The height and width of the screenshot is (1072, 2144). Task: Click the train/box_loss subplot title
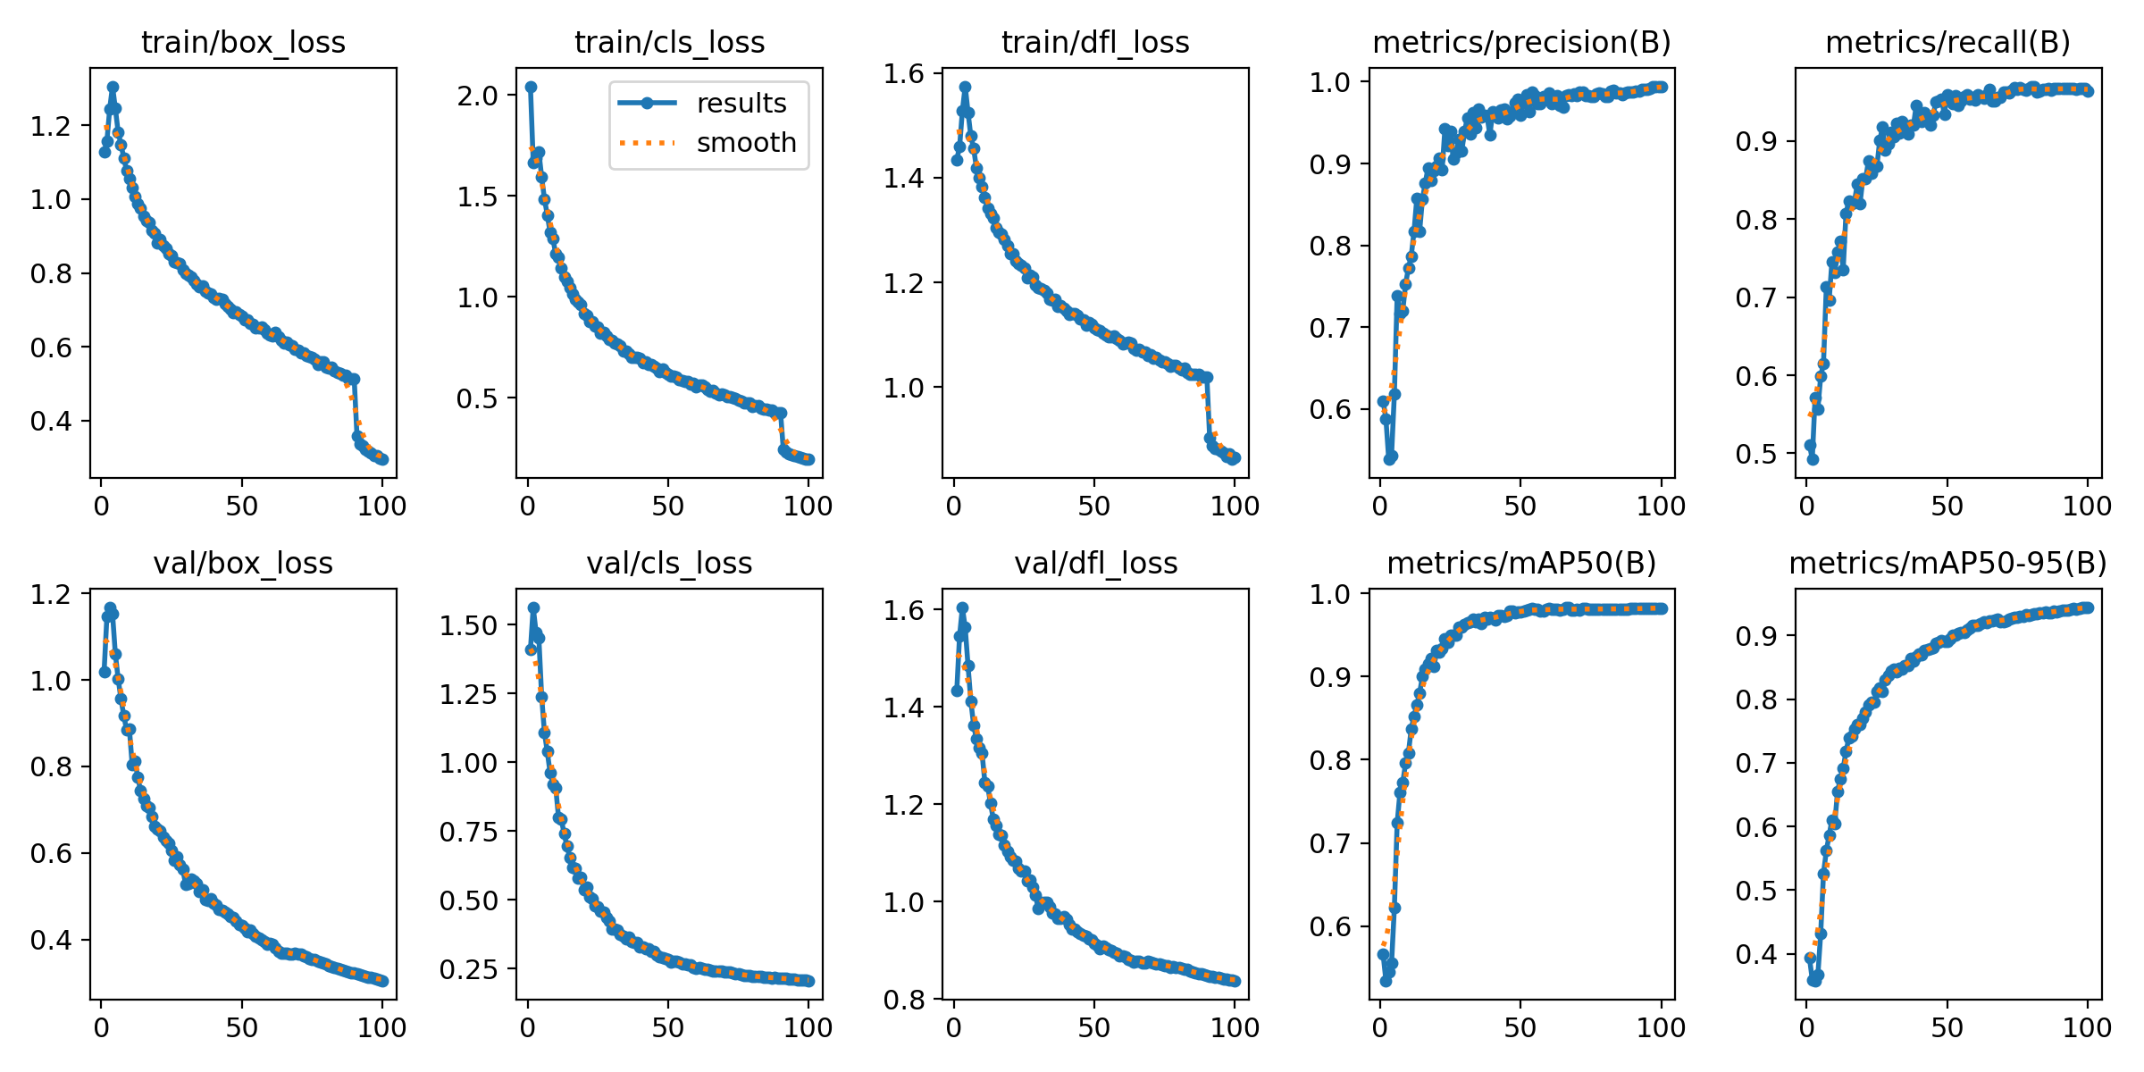tap(243, 42)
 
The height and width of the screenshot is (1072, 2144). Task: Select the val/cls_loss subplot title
tap(669, 563)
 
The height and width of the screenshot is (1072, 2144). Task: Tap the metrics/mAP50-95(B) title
tap(1947, 563)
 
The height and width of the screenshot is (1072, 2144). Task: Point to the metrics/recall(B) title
tap(1947, 42)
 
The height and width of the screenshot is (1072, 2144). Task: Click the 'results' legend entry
tap(741, 104)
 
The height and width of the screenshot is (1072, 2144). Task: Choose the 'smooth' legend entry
tap(746, 142)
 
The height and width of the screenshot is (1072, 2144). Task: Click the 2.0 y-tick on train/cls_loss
tap(478, 96)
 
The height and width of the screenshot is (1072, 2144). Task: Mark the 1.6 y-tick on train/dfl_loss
tap(904, 73)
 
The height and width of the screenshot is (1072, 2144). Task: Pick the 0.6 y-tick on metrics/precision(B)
tap(1330, 409)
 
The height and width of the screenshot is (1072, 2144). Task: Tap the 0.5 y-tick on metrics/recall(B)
tap(1756, 454)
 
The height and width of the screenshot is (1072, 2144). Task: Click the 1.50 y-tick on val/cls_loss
tap(468, 625)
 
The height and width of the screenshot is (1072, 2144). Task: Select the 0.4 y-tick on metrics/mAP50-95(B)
tap(1756, 954)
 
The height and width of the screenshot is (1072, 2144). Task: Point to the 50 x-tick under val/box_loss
tap(241, 1027)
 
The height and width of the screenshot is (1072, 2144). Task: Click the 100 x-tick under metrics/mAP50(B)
tap(1661, 1027)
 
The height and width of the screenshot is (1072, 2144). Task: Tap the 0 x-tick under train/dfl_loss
tap(954, 506)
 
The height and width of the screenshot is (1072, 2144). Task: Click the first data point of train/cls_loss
tap(531, 88)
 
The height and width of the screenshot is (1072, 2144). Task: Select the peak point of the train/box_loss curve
tap(113, 88)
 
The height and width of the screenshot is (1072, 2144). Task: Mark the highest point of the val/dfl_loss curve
tap(962, 607)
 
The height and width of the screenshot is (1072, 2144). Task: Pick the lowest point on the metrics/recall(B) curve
tap(1813, 459)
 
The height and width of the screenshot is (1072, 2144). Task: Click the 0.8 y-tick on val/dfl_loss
tap(904, 1000)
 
